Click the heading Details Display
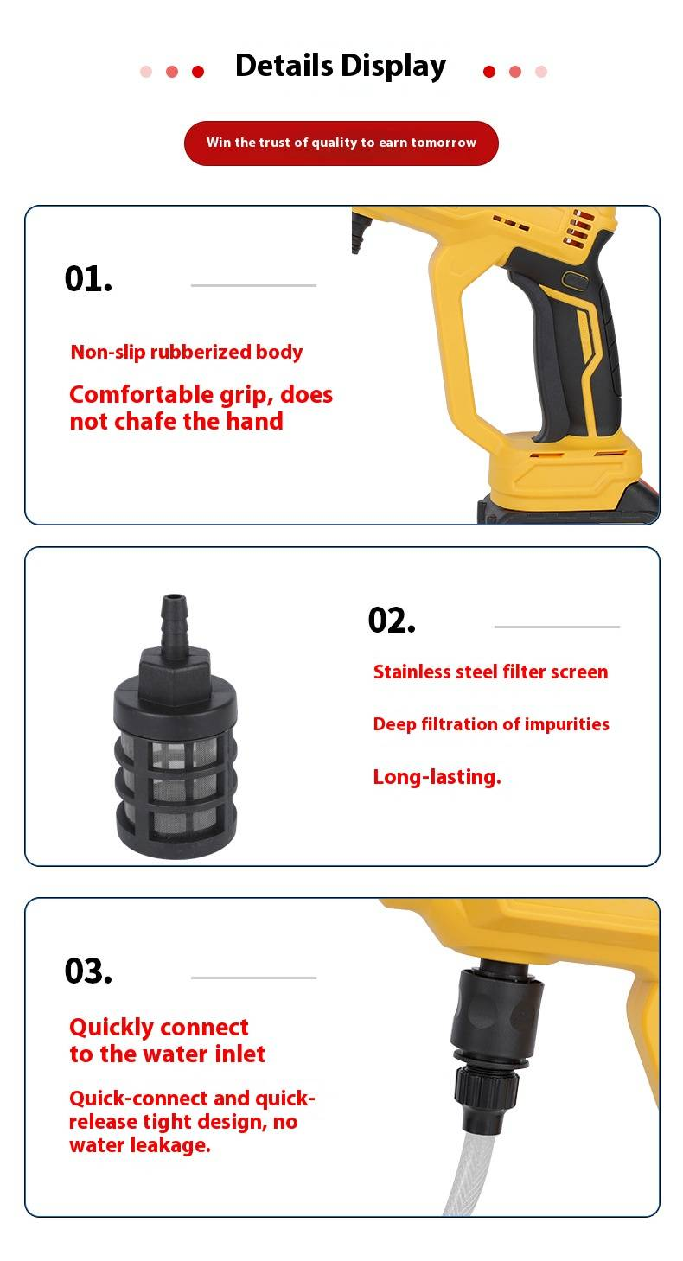(341, 66)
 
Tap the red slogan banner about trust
(341, 143)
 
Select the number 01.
(88, 278)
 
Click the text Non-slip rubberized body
(187, 352)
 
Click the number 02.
(392, 621)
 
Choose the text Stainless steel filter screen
(490, 672)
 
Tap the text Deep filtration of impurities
(491, 724)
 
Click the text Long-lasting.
(437, 777)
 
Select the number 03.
(88, 971)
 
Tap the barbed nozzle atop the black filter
(174, 625)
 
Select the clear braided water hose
(469, 1173)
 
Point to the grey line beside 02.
(557, 627)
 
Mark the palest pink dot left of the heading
(146, 72)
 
